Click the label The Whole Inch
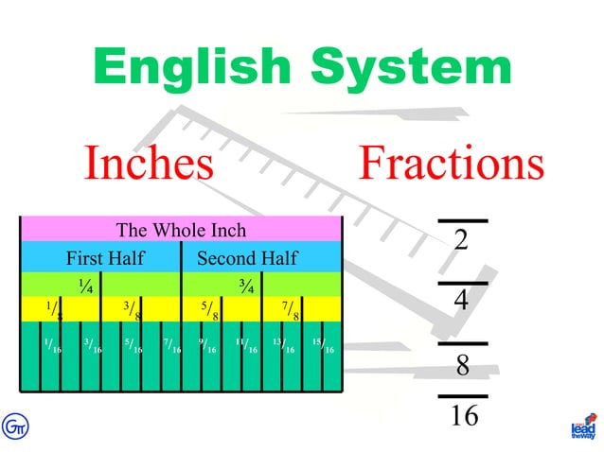coord(181,230)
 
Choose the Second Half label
coord(247,258)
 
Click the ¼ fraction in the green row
coord(85,284)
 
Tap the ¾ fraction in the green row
coord(245,284)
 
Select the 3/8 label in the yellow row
coord(133,310)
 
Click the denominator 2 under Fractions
coord(462,240)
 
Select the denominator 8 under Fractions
coord(463,365)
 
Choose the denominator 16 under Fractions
coord(463,415)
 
